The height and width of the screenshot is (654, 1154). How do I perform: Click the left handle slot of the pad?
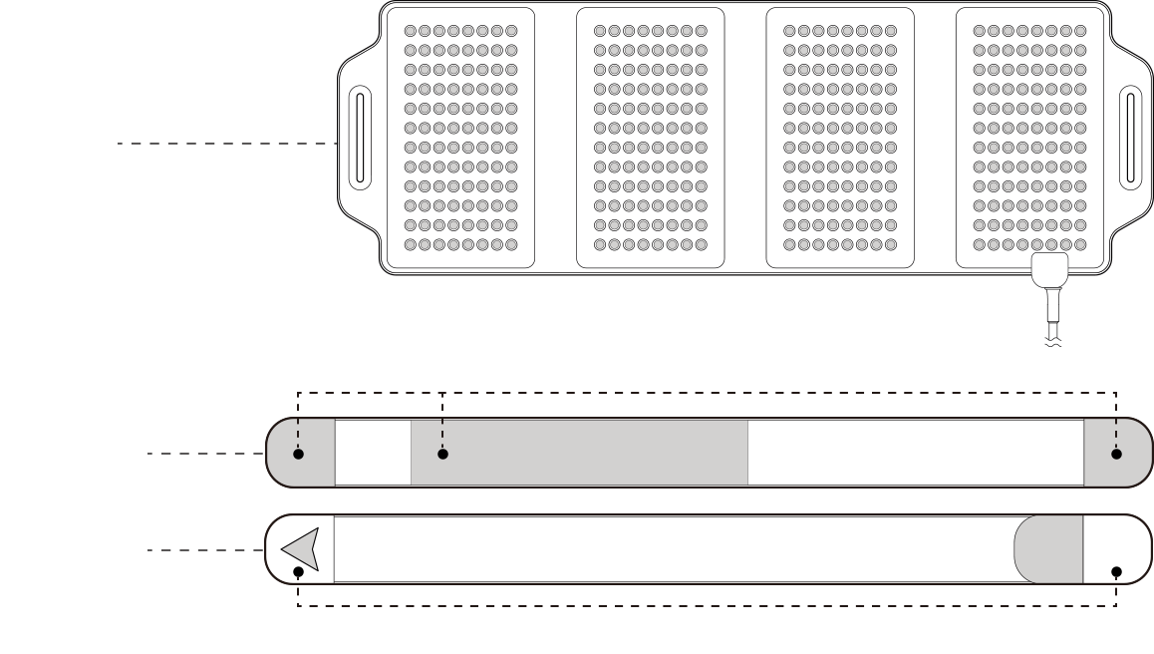coord(361,139)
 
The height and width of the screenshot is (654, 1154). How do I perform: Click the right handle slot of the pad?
coord(1129,138)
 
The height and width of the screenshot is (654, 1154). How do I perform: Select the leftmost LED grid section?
coord(460,139)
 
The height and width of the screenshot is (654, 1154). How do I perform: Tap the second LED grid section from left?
coord(651,139)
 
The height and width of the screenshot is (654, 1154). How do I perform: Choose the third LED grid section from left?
coord(840,139)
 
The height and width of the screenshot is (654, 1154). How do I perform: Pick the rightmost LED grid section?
coord(1030,139)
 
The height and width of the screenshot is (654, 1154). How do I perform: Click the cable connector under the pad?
coord(1049,270)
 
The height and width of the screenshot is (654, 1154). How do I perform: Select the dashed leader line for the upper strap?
coord(205,454)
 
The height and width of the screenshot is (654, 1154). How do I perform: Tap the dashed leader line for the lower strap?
coord(205,549)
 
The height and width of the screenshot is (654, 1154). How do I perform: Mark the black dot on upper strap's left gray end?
coord(299,454)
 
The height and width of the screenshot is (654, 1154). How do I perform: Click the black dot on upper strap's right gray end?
coord(1116,454)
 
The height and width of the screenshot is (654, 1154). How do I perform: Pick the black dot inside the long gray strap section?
coord(442,454)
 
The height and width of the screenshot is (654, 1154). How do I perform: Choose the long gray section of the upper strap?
coord(598,454)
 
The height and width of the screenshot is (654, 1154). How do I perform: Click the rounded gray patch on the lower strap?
coord(1049,549)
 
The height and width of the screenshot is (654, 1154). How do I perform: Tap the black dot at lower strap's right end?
coord(1116,572)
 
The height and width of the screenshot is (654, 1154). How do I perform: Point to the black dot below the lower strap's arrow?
coord(299,572)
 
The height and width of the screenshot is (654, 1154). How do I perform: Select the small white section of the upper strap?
coord(373,454)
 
